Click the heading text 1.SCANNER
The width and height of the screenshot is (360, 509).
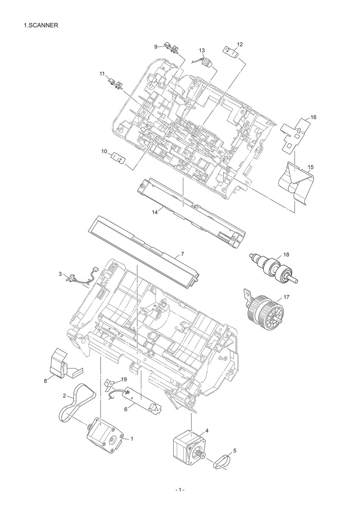click(x=41, y=25)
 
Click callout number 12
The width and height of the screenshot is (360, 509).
click(x=239, y=44)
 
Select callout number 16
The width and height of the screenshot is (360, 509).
click(x=313, y=117)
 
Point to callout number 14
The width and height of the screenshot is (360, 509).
click(x=155, y=213)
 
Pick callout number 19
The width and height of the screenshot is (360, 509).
click(x=124, y=379)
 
